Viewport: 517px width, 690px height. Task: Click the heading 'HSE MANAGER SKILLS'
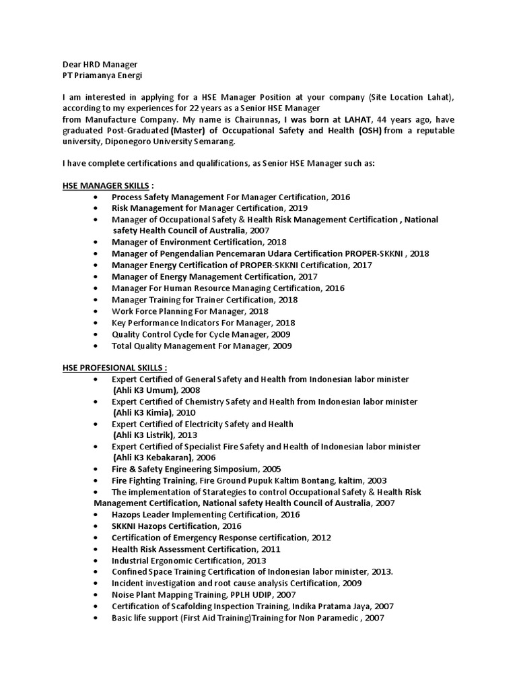tap(101, 185)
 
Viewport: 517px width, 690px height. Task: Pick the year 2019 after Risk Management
tap(298, 208)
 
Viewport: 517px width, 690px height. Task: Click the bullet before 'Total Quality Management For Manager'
tap(98, 346)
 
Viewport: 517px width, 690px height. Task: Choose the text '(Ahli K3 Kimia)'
tap(144, 412)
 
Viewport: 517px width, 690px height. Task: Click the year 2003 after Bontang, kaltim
tap(376, 480)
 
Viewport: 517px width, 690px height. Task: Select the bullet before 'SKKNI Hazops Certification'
tap(98, 526)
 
